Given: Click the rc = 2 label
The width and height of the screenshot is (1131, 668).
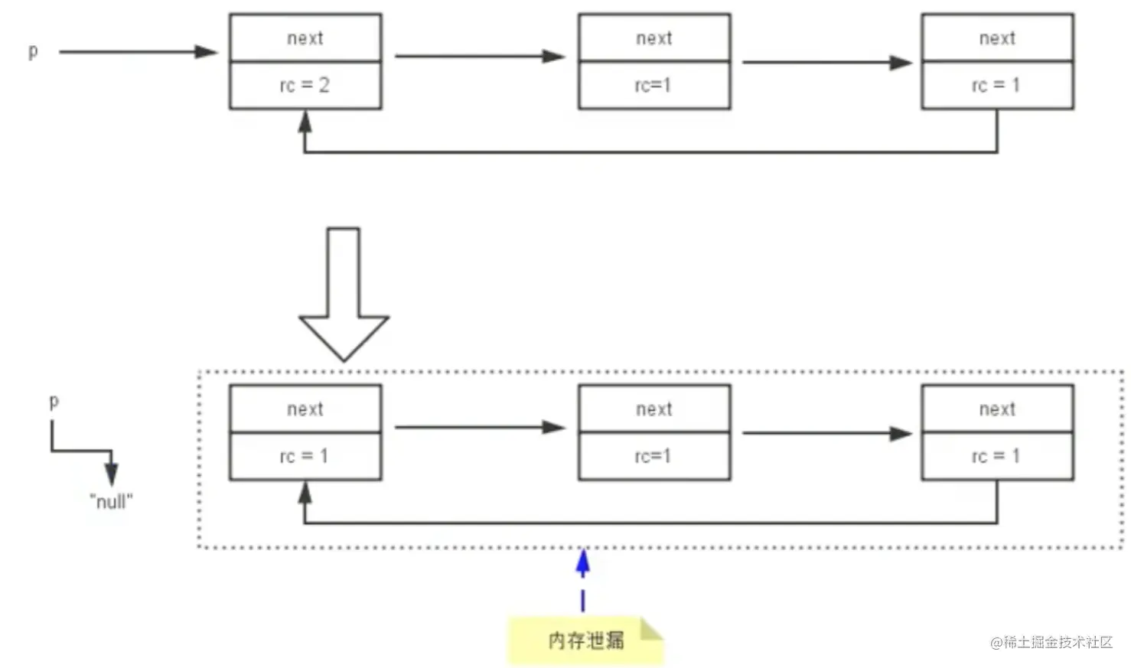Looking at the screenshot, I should click(x=305, y=85).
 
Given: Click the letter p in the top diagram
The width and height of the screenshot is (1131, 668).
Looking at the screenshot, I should click(x=33, y=51).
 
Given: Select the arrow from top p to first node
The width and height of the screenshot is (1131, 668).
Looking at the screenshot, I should click(x=138, y=52).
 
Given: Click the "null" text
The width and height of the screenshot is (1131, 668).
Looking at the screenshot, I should click(x=111, y=502).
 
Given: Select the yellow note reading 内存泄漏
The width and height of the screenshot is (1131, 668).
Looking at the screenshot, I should click(x=585, y=640).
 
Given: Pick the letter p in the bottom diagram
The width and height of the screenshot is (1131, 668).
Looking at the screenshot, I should click(x=54, y=401).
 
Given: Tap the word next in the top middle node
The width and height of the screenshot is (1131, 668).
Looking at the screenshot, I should click(x=654, y=38).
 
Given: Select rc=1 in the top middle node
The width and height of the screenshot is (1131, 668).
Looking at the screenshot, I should click(x=653, y=85).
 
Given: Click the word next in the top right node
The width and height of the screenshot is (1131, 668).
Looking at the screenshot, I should click(x=997, y=38).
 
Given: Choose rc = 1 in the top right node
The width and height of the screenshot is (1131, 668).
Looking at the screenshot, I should click(x=996, y=85).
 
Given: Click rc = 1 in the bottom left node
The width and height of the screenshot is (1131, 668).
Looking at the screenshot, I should click(x=305, y=456).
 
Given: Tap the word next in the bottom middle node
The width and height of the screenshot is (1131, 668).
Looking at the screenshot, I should click(x=654, y=409).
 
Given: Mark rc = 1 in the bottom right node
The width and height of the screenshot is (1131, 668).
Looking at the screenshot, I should click(x=996, y=456).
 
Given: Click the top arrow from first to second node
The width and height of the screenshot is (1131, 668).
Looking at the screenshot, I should click(x=479, y=56).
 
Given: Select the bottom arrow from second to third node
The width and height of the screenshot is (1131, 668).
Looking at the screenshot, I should click(x=826, y=433).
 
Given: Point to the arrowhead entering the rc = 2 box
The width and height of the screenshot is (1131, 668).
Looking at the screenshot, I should click(x=305, y=121).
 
